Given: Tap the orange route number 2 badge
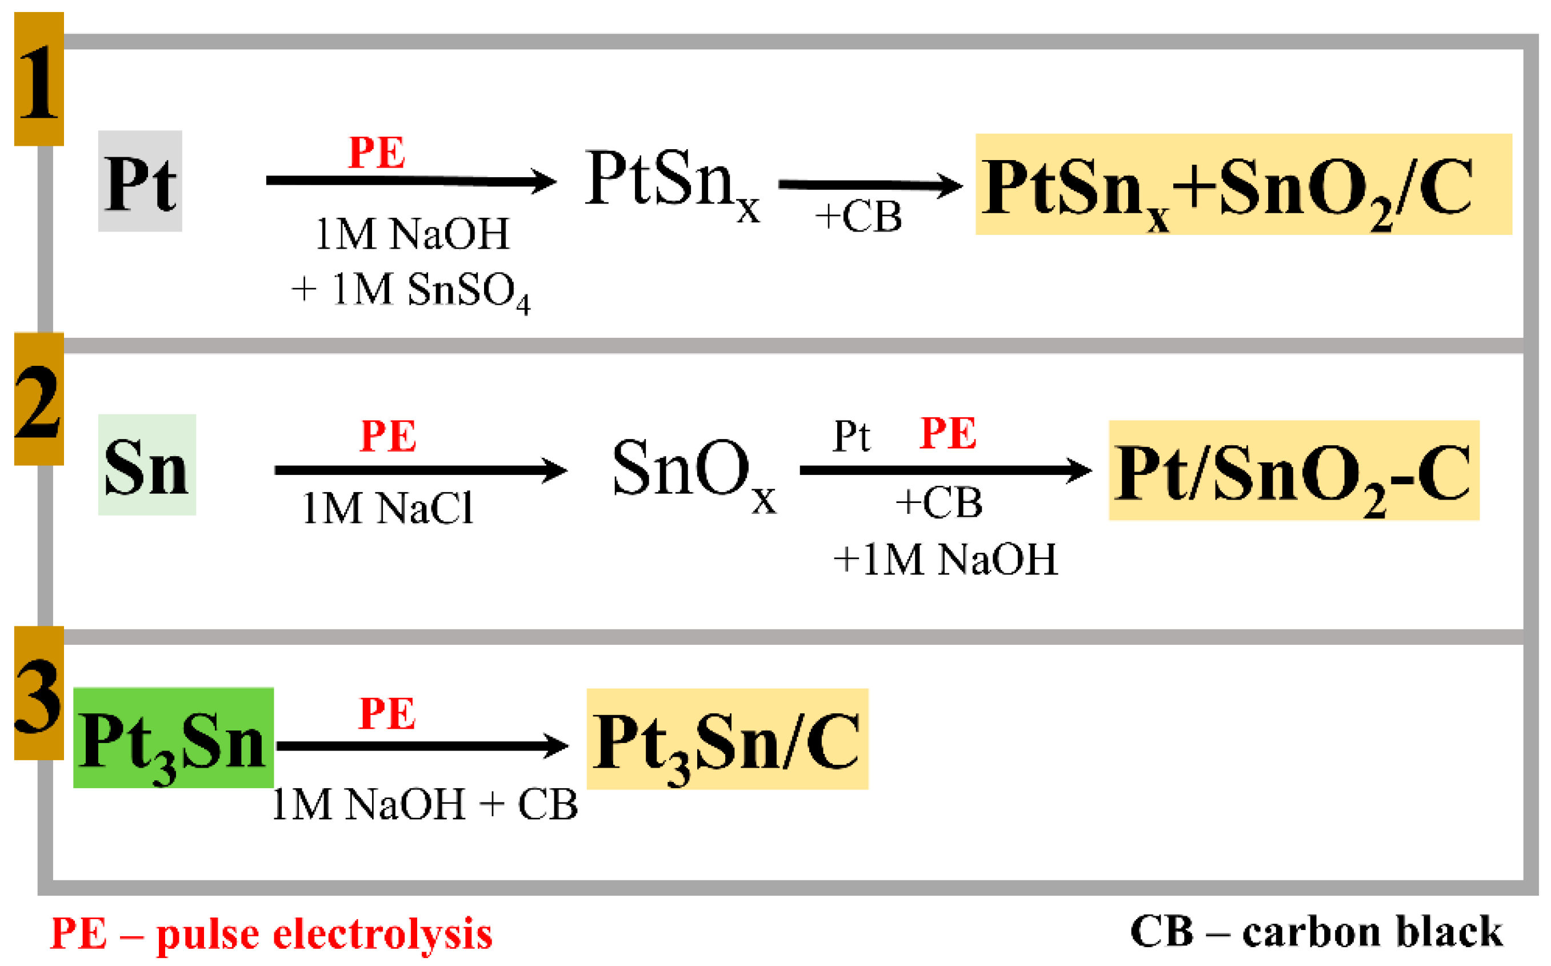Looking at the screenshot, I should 39,400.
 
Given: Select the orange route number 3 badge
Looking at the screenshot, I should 39,694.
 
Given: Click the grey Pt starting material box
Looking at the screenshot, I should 140,181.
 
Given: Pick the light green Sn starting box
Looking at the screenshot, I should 147,465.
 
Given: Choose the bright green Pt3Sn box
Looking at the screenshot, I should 173,739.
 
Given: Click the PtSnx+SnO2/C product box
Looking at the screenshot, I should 1243,185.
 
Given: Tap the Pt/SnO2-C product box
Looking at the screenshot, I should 1294,471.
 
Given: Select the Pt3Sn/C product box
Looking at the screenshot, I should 727,740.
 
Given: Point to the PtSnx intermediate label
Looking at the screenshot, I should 671,182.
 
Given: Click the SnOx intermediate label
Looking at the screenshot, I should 694,470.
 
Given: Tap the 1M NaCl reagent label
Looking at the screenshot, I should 387,509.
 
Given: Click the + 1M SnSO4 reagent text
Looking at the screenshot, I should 411,291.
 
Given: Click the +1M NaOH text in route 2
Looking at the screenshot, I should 945,560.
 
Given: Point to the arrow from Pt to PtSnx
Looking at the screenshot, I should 411,181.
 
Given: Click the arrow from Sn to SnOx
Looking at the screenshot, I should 421,471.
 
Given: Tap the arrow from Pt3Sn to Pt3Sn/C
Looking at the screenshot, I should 422,745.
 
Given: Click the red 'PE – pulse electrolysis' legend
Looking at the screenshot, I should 271,934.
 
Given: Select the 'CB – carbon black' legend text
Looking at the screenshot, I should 1317,932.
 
